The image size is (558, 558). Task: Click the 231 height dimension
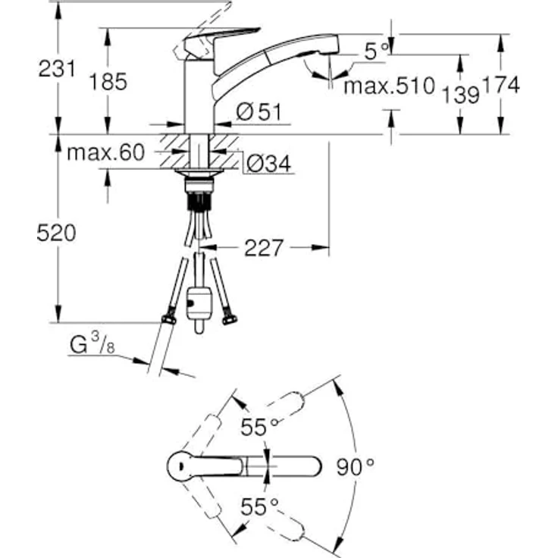point(58,69)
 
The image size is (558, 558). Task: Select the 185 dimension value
point(108,81)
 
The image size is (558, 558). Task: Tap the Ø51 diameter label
point(259,112)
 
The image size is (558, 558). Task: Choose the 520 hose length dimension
point(58,234)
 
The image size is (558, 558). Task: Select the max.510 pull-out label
point(390,86)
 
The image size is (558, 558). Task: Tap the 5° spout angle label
point(375,52)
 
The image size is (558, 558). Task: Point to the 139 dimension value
point(459,93)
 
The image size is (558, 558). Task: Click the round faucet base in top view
point(182,465)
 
